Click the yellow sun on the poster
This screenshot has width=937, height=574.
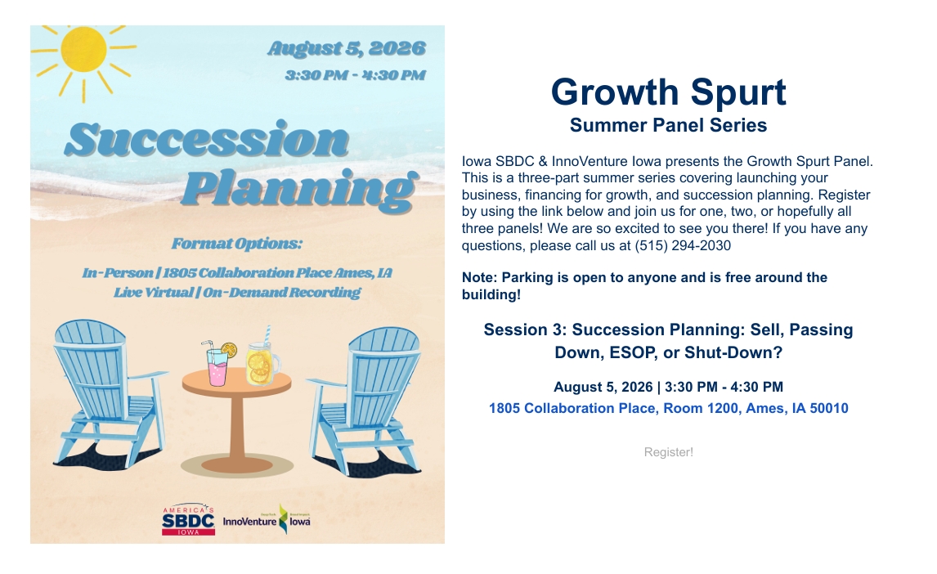pos(83,50)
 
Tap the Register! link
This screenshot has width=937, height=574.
pos(668,452)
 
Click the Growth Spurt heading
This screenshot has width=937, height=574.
pos(668,92)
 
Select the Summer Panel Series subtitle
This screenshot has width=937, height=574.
pos(668,125)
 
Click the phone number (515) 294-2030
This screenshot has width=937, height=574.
pos(683,245)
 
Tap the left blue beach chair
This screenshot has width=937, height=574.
pos(107,392)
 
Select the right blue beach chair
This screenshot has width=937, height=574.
pos(365,400)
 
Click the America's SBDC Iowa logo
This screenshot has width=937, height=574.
pos(188,519)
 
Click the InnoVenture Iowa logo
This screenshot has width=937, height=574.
pos(267,519)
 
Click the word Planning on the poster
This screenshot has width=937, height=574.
pos(299,190)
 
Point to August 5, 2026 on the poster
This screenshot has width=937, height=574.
pos(347,47)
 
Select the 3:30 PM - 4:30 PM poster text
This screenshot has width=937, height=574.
pos(356,75)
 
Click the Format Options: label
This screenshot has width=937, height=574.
pos(236,244)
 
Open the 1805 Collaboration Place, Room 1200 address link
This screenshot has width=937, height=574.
pos(668,409)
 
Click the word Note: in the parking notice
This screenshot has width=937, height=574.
pos(479,278)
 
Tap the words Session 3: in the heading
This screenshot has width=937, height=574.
pos(525,330)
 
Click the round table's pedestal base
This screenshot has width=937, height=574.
pos(236,464)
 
